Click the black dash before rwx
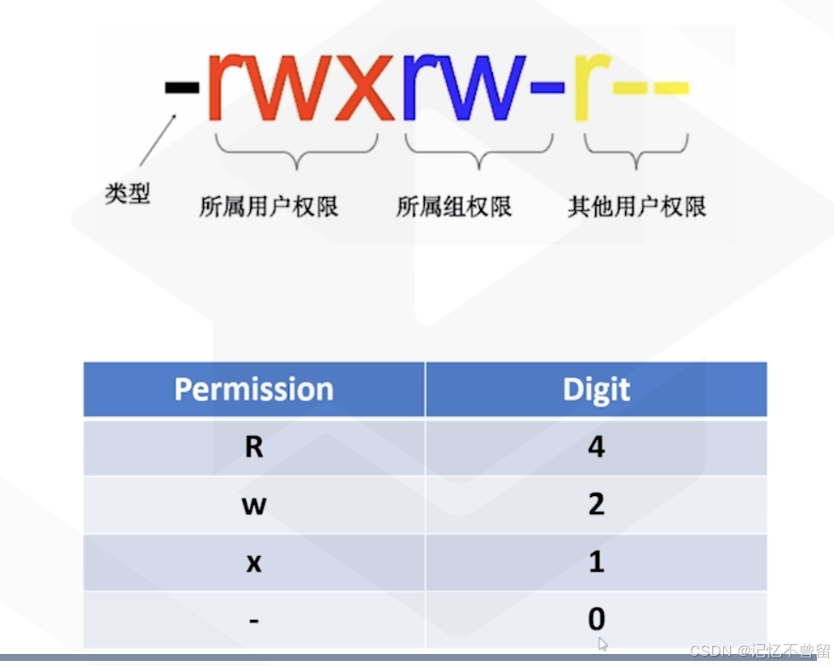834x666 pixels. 181,87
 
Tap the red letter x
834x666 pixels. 359,90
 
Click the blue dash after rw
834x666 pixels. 547,87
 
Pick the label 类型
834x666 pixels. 127,195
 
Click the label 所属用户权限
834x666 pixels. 269,207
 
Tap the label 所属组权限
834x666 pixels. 454,207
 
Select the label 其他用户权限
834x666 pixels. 637,207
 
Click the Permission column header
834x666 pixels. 253,389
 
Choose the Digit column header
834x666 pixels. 596,389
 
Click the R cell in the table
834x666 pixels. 253,447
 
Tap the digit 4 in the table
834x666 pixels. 596,447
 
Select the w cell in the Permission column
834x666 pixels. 253,505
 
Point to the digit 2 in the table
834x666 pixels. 596,505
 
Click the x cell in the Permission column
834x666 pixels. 253,563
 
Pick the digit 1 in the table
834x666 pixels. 596,563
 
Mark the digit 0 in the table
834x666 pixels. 596,619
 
